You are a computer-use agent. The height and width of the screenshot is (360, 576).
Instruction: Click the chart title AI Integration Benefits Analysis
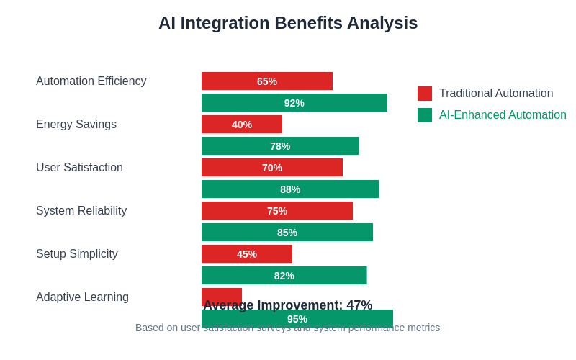[x=288, y=23]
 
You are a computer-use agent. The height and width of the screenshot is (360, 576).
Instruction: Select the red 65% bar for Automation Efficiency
[x=267, y=81]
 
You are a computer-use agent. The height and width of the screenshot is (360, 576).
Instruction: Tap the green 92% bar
[x=294, y=103]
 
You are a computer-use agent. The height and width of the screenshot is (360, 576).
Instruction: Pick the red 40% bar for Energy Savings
[x=242, y=125]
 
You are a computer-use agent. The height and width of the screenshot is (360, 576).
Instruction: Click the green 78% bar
[x=280, y=146]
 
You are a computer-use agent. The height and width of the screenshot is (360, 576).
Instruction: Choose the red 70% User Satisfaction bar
[x=272, y=168]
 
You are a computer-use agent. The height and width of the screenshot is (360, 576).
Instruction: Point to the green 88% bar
[x=290, y=189]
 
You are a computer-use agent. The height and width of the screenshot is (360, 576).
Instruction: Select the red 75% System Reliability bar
[x=277, y=211]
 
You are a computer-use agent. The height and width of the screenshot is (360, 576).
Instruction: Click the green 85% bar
[x=287, y=233]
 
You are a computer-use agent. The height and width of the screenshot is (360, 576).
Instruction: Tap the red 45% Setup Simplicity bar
[x=247, y=254]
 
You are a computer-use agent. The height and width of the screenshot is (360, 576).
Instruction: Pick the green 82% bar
[x=284, y=276]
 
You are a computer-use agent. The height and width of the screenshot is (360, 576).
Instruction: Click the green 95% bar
[x=297, y=319]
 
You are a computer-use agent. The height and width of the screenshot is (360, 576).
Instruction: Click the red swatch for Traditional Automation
[x=425, y=94]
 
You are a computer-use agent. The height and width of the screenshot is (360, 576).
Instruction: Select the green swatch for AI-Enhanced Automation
[x=425, y=115]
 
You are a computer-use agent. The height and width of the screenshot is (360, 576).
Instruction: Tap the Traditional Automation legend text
[x=496, y=94]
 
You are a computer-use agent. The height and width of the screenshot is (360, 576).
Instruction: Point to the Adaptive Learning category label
[x=82, y=297]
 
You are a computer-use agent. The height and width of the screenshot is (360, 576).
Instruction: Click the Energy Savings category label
[x=76, y=125]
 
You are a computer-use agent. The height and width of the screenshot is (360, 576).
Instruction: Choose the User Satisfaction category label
[x=79, y=168]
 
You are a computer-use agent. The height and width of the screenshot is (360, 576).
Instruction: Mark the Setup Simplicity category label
[x=77, y=254]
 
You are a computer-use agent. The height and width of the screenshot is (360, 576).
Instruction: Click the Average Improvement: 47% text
[x=288, y=305]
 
